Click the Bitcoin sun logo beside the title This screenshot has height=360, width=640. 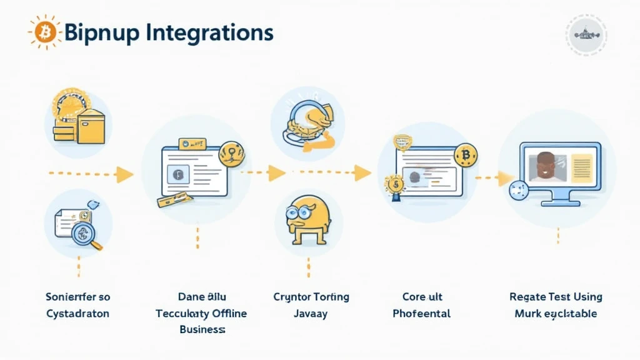point(44,32)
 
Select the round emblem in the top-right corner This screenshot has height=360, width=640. point(586,35)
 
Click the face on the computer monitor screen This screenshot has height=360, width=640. point(545,165)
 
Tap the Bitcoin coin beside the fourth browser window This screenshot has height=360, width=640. point(465,154)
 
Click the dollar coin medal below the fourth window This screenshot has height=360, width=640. point(395,185)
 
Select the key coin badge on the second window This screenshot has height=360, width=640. point(232,153)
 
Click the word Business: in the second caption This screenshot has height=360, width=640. point(201,329)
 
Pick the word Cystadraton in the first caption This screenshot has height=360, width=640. point(77,313)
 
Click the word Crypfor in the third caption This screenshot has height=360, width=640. point(292,296)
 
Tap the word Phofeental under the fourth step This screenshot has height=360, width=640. point(421,313)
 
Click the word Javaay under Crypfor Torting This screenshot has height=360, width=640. point(311,313)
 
